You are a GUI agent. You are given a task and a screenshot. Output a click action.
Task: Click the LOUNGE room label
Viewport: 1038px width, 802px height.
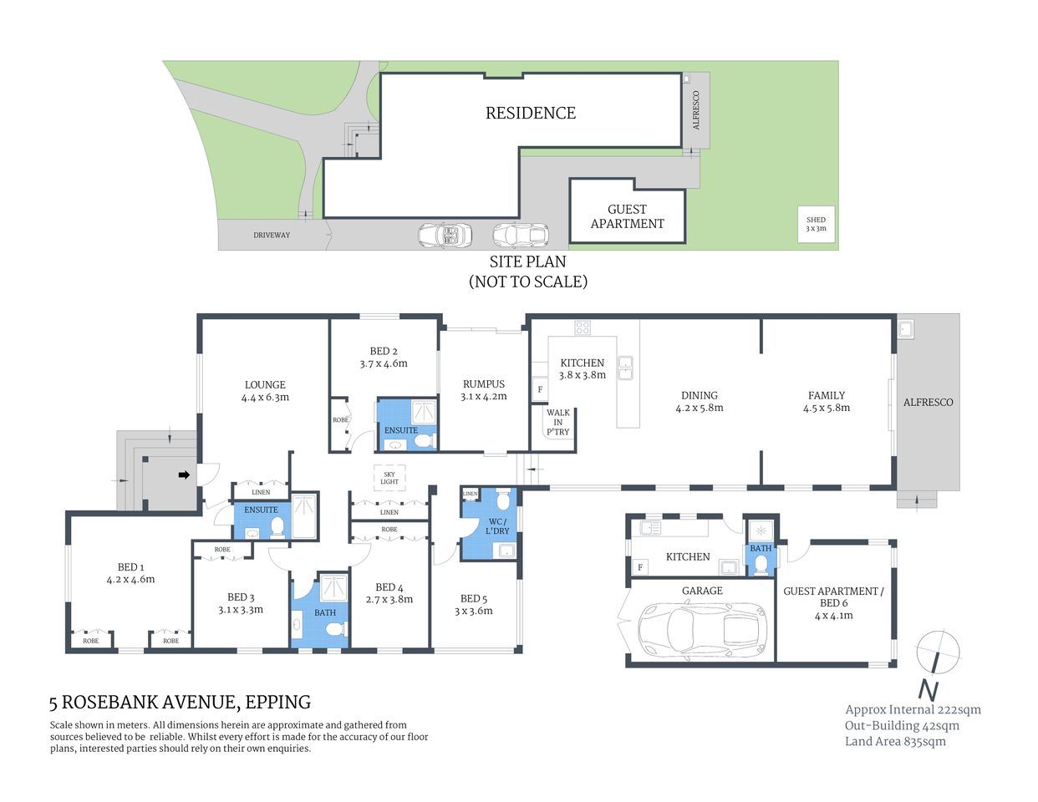(265, 385)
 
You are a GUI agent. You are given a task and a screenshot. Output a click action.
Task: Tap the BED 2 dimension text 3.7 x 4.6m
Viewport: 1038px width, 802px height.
(384, 363)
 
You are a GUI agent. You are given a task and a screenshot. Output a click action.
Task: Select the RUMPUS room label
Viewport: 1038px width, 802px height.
(484, 384)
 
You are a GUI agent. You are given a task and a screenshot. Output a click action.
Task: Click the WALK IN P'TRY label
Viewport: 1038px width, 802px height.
(557, 422)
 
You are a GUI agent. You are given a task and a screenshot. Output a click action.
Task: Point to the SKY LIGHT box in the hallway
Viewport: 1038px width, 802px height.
(389, 478)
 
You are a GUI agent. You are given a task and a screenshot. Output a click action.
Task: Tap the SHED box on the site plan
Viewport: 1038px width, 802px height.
(816, 224)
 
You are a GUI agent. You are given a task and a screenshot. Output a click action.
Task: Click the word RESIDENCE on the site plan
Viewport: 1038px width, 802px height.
(531, 113)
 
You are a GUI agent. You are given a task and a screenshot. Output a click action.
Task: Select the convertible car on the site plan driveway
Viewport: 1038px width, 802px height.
(445, 235)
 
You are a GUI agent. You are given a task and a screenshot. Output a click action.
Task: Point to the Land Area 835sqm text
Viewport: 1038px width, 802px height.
(895, 741)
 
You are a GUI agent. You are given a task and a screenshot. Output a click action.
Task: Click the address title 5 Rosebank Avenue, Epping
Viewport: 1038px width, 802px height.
(180, 702)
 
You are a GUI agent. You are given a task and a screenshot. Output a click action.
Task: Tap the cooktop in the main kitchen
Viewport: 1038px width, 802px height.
(583, 327)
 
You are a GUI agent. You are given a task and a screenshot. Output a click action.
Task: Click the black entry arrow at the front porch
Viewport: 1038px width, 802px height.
(184, 475)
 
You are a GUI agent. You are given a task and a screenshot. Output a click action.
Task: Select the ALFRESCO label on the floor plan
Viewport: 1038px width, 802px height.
(928, 402)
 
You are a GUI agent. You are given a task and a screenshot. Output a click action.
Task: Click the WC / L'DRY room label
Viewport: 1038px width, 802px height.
(497, 526)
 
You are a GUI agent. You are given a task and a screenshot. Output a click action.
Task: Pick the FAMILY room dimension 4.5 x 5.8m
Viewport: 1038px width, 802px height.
(827, 408)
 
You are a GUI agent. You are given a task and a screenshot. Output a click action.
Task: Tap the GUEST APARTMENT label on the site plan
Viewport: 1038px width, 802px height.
(627, 216)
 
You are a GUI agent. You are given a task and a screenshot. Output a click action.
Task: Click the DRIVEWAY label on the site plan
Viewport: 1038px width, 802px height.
(272, 235)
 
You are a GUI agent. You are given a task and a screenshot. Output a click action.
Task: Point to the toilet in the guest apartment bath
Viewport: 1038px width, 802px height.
(761, 566)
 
